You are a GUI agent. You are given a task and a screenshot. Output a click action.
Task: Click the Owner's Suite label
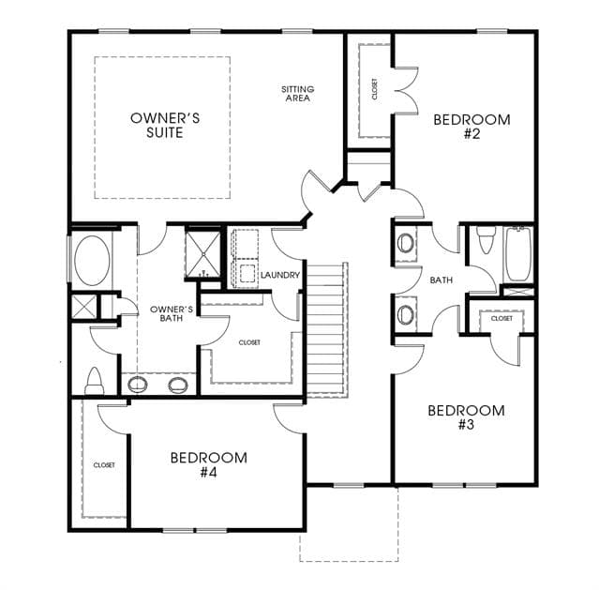tap(165, 126)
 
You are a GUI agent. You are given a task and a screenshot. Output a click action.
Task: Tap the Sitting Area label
tap(297, 94)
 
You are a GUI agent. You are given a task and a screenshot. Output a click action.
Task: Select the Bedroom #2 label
tap(472, 127)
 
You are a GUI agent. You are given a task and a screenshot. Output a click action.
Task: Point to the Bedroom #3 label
tap(466, 417)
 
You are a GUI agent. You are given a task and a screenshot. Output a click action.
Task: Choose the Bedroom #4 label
tap(209, 465)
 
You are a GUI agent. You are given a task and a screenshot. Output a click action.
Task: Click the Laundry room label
tap(280, 275)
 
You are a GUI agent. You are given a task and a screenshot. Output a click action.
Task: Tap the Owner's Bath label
tap(172, 313)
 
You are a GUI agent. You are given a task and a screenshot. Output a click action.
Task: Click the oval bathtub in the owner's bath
tap(92, 261)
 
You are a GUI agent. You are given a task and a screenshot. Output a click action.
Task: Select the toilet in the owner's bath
tap(95, 381)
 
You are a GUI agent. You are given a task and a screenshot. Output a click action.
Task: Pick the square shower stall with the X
tap(202, 254)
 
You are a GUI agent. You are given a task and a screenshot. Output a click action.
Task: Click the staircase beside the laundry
tap(327, 329)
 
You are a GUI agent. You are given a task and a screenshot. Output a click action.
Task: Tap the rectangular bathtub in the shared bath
tap(518, 254)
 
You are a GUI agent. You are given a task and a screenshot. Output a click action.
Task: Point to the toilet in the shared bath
tap(487, 240)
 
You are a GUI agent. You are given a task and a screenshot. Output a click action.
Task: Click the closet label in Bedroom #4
tap(104, 465)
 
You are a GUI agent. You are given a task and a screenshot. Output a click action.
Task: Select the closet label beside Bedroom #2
tap(374, 89)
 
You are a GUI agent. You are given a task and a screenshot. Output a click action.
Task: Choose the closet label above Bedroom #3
tap(502, 318)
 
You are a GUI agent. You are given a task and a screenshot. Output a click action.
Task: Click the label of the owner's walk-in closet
tap(249, 342)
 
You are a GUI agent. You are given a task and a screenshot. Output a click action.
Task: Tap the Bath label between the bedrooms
tap(442, 280)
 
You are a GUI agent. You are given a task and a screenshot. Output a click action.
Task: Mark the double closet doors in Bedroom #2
tap(407, 91)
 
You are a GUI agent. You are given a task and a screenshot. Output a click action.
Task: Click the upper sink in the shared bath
tap(405, 243)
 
